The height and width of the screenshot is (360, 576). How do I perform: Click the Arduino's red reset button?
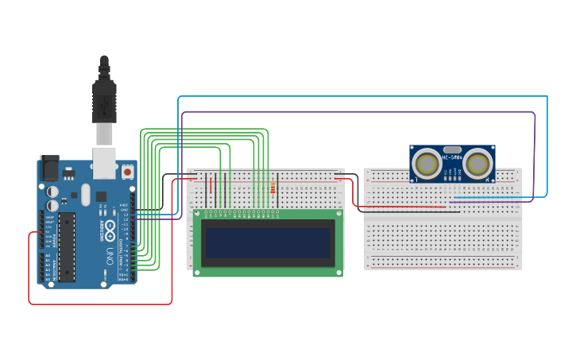[127, 171]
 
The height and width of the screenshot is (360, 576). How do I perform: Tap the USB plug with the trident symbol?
[104, 99]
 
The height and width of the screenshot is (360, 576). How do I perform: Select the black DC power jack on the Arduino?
[49, 167]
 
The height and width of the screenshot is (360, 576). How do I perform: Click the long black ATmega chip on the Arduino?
[67, 246]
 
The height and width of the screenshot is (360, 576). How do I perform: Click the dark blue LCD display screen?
[267, 242]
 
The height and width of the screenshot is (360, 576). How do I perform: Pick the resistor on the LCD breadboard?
[273, 188]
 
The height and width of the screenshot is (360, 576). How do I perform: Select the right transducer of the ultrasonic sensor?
[477, 164]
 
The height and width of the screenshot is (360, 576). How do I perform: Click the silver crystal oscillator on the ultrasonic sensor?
[452, 149]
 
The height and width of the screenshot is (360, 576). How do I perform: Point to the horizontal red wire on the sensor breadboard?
[405, 207]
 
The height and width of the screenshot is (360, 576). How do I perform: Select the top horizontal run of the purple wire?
[358, 112]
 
